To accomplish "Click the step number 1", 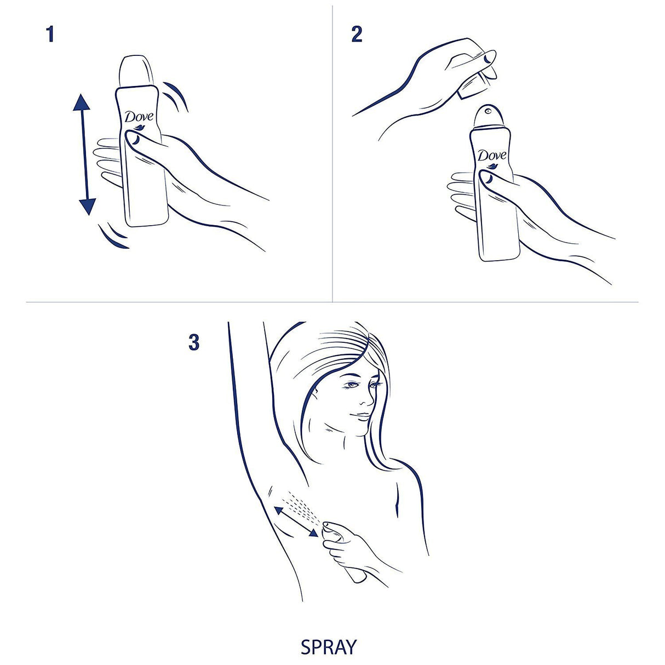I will [x=50, y=35].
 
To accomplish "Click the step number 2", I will [x=357, y=35].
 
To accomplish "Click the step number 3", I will [x=193, y=343].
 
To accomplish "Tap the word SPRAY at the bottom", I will [x=328, y=647].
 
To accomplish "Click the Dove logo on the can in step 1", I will [x=139, y=117].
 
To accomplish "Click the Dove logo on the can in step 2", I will [x=491, y=156].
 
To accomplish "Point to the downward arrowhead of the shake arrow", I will [x=87, y=206].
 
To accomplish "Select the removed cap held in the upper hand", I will [x=474, y=82].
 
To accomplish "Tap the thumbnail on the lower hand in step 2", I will [x=485, y=176].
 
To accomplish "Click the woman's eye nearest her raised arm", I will [x=351, y=386].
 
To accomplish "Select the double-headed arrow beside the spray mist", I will [x=296, y=521].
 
